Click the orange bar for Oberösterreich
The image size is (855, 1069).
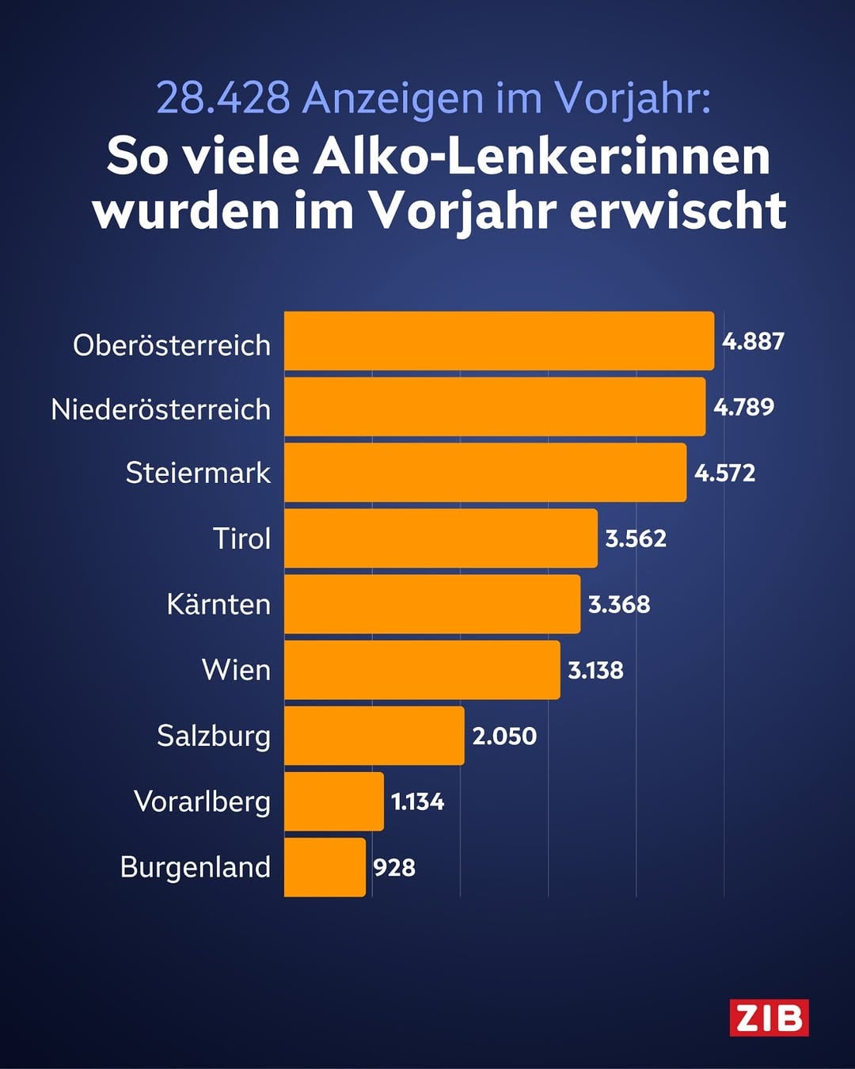click(499, 340)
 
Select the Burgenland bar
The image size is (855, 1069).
click(325, 867)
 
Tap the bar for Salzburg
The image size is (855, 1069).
click(374, 736)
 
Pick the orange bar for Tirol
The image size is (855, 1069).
click(440, 538)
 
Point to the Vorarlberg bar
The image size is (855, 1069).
click(333, 801)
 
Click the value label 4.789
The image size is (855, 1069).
click(743, 407)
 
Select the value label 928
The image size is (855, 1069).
click(394, 868)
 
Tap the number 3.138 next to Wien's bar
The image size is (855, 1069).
click(595, 671)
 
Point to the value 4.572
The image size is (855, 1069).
click(724, 474)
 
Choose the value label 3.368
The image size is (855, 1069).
click(619, 604)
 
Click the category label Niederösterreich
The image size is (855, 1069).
click(161, 409)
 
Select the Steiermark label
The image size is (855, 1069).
click(198, 473)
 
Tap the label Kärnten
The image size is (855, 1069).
click(218, 604)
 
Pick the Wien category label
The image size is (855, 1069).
click(236, 670)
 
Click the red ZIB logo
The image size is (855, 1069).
click(769, 1018)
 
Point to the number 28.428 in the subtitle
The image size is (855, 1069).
click(222, 98)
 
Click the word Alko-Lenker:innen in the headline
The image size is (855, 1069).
click(541, 156)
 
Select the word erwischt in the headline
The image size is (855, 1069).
click(678, 211)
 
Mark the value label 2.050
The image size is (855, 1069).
click(504, 736)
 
